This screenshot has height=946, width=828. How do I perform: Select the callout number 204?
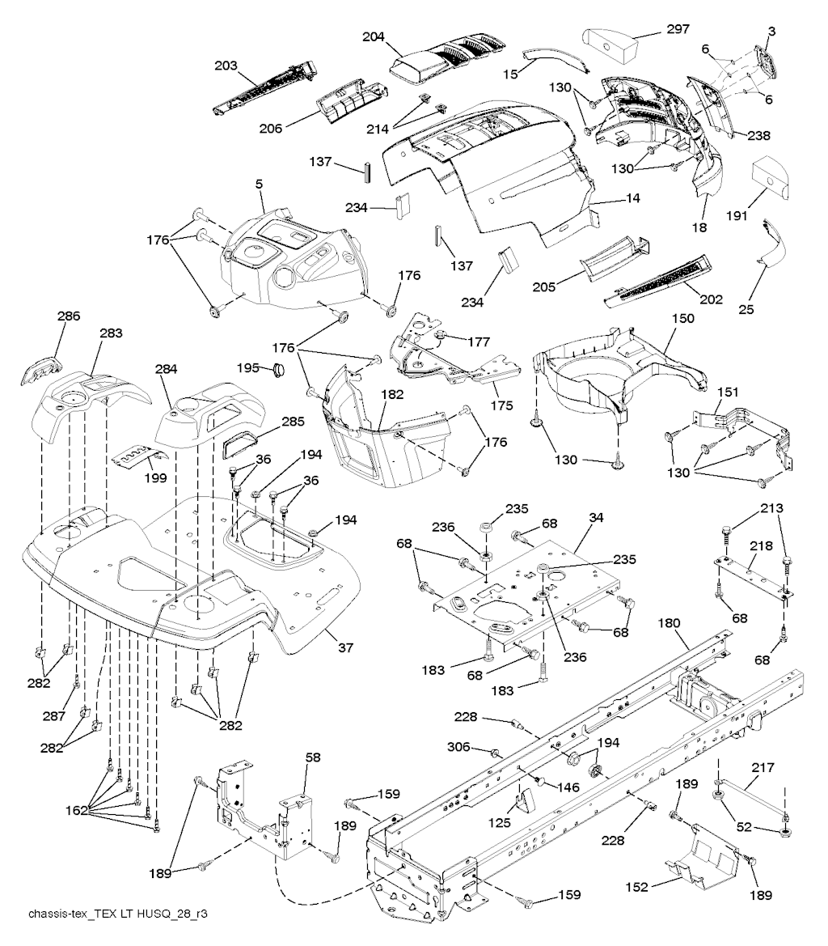[x=374, y=36]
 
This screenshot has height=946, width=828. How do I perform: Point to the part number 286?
[x=68, y=317]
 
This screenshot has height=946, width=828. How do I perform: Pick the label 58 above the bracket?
[x=313, y=757]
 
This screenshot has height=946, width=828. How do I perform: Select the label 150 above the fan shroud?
[x=683, y=320]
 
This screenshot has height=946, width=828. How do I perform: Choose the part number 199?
[x=155, y=477]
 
